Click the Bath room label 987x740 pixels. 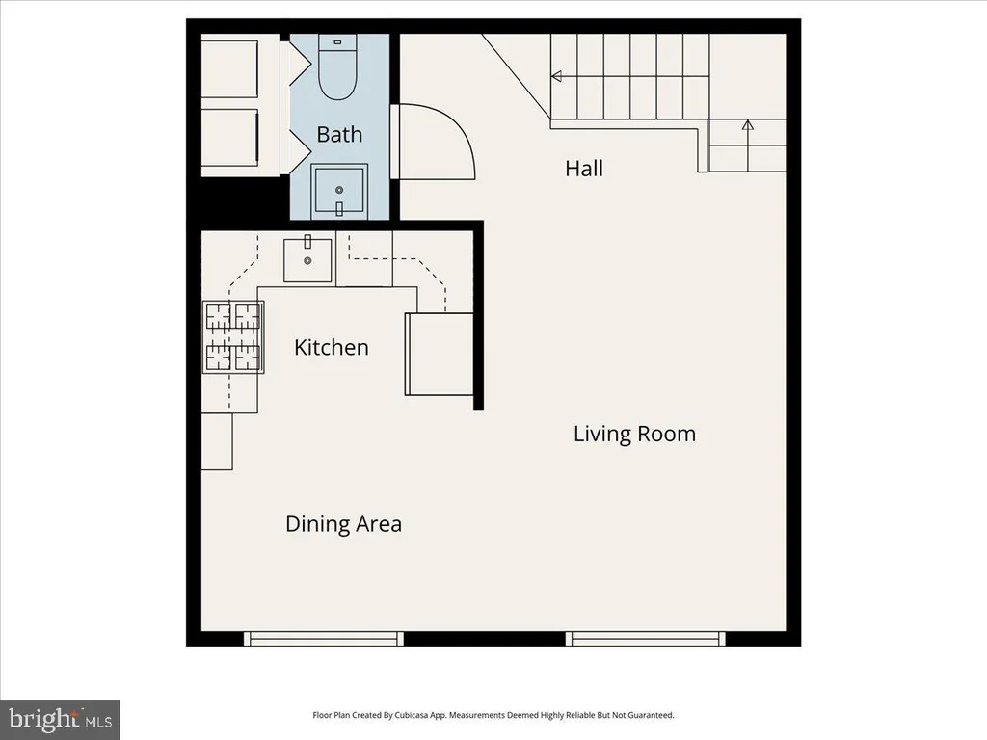click(x=339, y=134)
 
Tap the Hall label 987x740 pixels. click(x=583, y=168)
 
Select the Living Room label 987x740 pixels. click(x=634, y=434)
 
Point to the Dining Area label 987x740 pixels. click(x=343, y=524)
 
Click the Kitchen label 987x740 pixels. click(x=332, y=347)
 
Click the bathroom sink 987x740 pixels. click(x=339, y=192)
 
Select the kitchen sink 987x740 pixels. click(x=307, y=258)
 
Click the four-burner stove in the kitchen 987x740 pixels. click(x=233, y=336)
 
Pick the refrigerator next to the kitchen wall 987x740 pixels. click(x=439, y=354)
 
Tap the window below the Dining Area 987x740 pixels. click(x=324, y=639)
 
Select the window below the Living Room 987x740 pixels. click(x=645, y=639)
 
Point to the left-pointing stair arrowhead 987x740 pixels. click(x=556, y=77)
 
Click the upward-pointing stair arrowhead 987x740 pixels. click(x=747, y=124)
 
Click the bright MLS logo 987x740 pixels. click(x=60, y=720)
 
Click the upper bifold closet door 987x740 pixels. click(x=300, y=63)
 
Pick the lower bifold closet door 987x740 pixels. click(x=300, y=151)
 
